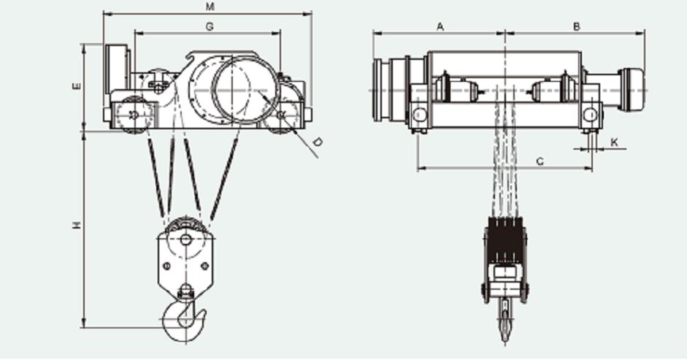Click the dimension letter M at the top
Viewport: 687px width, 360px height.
tap(210, 7)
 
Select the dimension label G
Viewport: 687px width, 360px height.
tap(210, 27)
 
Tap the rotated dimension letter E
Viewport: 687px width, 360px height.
tap(77, 85)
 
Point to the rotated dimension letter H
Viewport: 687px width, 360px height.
tap(77, 225)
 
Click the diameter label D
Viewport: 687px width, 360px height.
tap(318, 142)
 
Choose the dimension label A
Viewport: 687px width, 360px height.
tap(440, 27)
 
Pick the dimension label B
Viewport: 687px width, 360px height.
tap(577, 27)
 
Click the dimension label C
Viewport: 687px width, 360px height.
tap(540, 162)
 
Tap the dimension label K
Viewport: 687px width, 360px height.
tap(614, 142)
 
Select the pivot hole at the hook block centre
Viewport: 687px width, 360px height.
tap(185, 240)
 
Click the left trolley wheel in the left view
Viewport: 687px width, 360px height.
tap(134, 115)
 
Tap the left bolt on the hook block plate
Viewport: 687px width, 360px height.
tap(166, 266)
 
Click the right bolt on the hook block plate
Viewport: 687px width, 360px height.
tap(204, 266)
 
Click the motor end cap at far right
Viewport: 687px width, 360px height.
tap(633, 90)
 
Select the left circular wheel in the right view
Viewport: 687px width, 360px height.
tap(420, 115)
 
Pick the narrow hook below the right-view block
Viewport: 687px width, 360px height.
tap(504, 319)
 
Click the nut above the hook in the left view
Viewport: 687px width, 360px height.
tap(185, 291)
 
